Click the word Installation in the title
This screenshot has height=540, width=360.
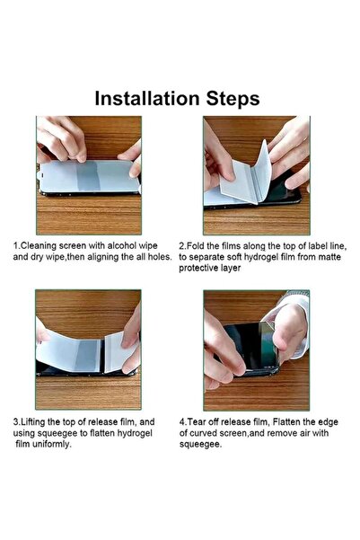(x=147, y=98)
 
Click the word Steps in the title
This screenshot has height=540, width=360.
(x=233, y=99)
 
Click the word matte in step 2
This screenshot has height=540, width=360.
(x=329, y=257)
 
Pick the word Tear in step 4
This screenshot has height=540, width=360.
(x=198, y=422)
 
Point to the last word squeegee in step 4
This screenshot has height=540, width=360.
(x=200, y=445)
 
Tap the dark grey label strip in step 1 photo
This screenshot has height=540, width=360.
(x=89, y=176)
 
